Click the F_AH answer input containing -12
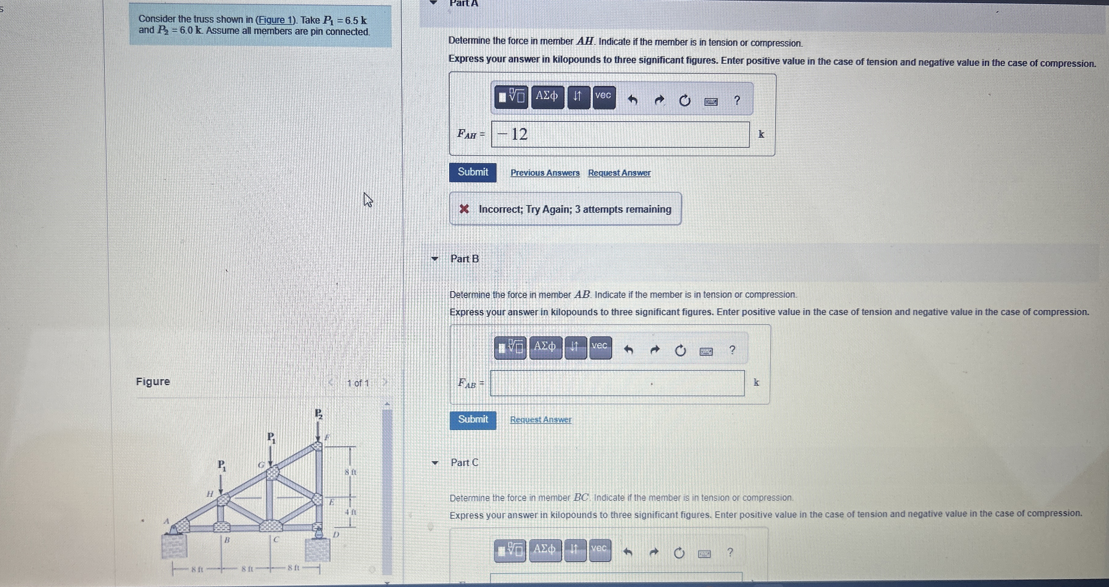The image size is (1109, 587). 620,134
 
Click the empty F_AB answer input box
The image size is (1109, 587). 617,383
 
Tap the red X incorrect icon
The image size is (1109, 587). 464,210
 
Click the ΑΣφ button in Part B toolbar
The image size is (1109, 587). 545,347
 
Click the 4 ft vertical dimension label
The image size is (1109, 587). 350,512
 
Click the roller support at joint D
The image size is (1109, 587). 318,533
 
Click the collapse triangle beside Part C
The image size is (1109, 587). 435,463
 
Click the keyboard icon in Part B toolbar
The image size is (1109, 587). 706,352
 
